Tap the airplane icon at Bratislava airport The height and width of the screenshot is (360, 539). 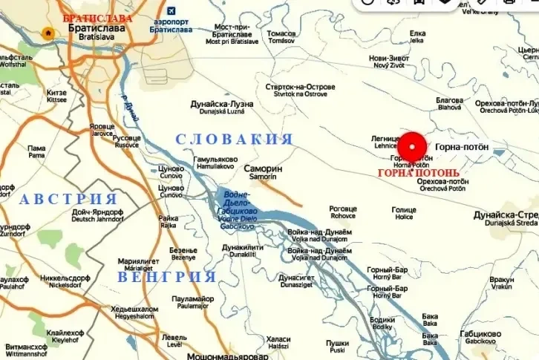[171, 11]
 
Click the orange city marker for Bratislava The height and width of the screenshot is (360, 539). [48, 33]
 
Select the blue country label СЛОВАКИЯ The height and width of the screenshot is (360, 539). [234, 140]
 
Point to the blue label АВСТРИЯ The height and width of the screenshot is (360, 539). [68, 199]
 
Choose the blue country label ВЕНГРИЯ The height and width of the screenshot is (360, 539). [166, 277]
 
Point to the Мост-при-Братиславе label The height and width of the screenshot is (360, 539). [232, 34]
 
